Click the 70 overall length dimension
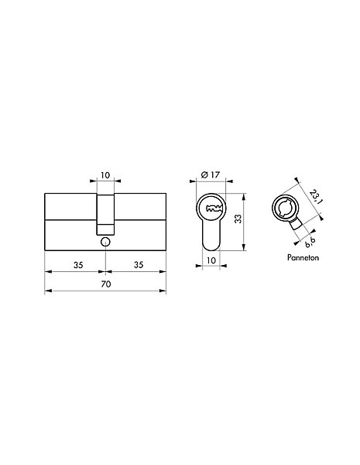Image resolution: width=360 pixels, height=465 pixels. [106, 284]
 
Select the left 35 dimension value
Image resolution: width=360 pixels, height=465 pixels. [78, 265]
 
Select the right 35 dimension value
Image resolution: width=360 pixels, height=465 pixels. [139, 265]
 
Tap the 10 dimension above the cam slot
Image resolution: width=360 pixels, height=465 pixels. [105, 175]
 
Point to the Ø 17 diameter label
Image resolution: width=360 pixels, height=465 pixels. [211, 175]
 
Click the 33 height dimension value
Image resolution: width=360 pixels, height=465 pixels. [238, 219]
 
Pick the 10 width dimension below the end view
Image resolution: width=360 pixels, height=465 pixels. [211, 260]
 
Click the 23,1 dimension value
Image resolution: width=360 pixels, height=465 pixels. [316, 197]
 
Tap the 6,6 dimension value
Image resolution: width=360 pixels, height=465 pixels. [310, 243]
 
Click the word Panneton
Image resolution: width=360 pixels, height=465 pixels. [303, 257]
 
